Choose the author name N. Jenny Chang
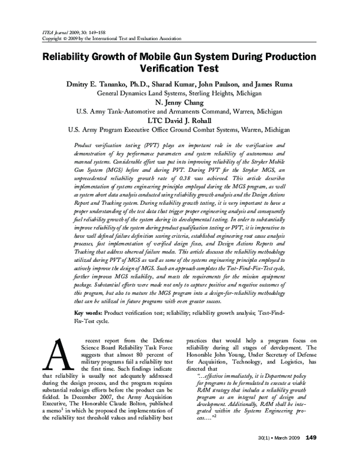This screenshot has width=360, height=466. coord(180,102)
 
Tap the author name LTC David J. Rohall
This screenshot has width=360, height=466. coord(180,120)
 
